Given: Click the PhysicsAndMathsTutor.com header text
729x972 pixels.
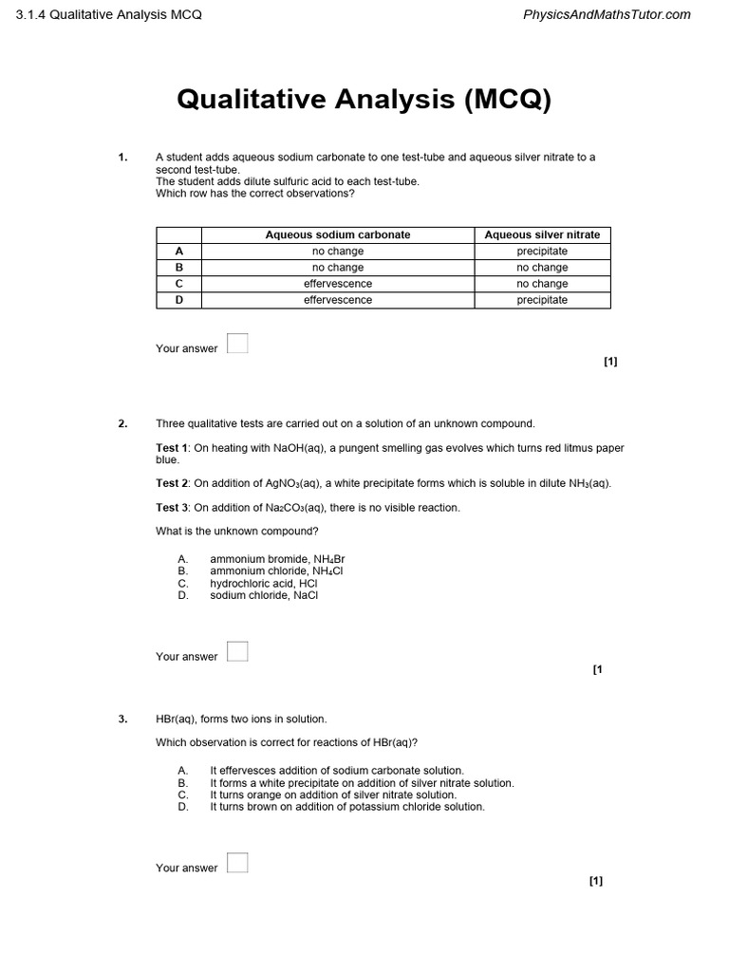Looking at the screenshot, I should tap(607, 14).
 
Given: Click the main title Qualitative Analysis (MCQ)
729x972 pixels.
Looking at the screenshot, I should tap(364, 99).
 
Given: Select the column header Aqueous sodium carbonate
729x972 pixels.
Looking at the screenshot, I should tap(338, 234).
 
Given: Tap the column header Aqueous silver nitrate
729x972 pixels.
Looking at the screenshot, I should tap(542, 234).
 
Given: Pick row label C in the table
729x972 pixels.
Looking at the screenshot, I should tap(178, 284).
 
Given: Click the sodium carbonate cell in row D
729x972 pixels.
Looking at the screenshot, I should tap(338, 300).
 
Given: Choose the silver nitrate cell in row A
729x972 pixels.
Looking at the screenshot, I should tap(542, 252).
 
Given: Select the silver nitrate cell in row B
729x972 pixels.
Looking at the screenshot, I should tap(542, 268).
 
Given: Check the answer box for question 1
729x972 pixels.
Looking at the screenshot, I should tap(237, 344).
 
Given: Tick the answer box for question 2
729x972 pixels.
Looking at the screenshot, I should tap(237, 652).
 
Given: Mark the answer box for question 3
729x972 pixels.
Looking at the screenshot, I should tap(237, 863).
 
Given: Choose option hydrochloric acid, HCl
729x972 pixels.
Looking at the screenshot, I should tap(263, 584).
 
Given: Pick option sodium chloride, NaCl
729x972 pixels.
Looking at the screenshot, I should tap(264, 596).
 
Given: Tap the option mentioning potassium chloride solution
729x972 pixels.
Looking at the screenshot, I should tap(346, 807).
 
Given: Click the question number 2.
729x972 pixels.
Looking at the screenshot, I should tap(122, 424).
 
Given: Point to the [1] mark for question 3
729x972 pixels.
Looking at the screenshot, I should tap(596, 881).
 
